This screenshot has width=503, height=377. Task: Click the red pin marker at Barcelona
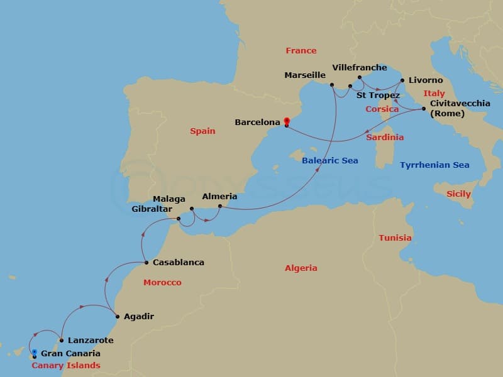point(286,121)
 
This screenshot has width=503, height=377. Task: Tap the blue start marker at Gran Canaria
point(35,353)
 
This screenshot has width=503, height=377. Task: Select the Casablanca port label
point(179,262)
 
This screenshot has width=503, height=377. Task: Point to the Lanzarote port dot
point(61,341)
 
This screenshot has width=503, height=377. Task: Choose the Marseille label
point(305,75)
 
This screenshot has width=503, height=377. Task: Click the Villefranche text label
point(359,67)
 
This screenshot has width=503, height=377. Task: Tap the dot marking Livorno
point(401,80)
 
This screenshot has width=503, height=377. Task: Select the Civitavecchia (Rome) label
point(460,108)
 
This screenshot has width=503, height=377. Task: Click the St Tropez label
point(378,96)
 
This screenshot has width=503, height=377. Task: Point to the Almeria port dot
point(219,206)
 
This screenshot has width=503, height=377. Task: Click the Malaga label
point(169,199)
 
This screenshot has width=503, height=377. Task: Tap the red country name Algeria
point(301,268)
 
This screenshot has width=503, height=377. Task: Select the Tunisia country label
point(395,238)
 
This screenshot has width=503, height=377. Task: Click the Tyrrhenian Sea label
point(434,165)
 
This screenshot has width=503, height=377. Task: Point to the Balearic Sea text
point(329,160)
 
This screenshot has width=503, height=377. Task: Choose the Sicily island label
point(458,194)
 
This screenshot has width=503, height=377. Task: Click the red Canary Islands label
point(66,365)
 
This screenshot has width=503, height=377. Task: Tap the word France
point(301,50)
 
